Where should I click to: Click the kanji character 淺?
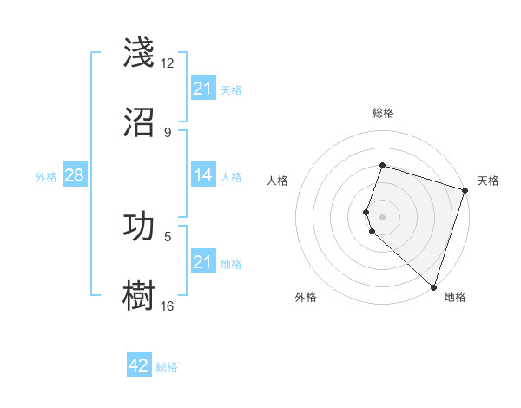point(139,53)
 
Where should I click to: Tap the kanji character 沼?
point(139,122)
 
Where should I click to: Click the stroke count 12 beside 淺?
point(167,63)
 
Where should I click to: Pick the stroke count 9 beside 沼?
point(167,132)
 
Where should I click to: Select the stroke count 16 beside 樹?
point(167,306)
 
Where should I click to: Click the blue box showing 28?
point(74,175)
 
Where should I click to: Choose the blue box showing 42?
point(139,365)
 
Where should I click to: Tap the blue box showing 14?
point(203,175)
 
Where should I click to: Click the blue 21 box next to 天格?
point(203,89)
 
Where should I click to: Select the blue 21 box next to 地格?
point(203,262)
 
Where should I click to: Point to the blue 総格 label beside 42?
point(167,367)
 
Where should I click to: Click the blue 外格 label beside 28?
point(46,176)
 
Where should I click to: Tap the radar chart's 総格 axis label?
point(382,113)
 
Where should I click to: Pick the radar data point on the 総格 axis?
point(382,165)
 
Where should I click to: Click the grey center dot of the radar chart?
point(382,217)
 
